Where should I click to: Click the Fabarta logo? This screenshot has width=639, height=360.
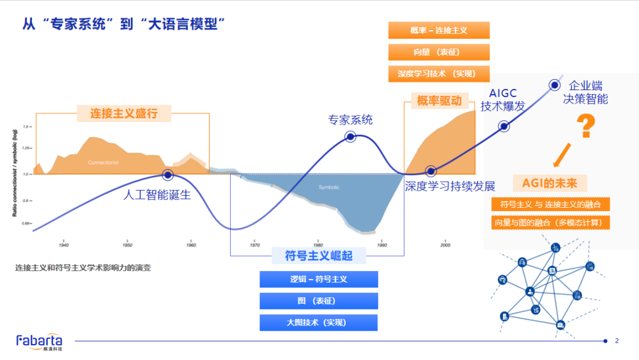pos(39,341)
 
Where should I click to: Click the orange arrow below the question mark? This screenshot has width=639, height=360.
pos(562,155)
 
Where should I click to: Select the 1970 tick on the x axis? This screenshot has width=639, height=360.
pos(254,245)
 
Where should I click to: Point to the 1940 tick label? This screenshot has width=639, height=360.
pos(64,245)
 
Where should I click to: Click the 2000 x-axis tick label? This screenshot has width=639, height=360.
pos(445,245)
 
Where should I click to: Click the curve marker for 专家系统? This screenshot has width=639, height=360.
pos(350,136)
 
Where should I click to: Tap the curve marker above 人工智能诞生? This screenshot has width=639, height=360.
pos(167,175)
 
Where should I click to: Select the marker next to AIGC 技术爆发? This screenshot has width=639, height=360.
pos(504,127)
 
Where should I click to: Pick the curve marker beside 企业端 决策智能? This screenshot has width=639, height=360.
pos(555,84)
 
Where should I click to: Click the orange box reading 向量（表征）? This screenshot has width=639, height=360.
pos(438,52)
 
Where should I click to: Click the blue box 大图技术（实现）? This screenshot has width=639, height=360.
pos(318,322)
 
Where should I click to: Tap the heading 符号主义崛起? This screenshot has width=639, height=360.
pos(318,256)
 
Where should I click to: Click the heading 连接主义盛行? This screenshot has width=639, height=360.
pos(123,114)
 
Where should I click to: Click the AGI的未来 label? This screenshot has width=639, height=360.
pos(550,184)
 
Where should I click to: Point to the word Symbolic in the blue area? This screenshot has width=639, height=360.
pos(328,187)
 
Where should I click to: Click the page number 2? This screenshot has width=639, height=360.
pos(617,341)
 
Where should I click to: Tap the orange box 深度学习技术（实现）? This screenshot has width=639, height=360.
pos(438,74)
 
